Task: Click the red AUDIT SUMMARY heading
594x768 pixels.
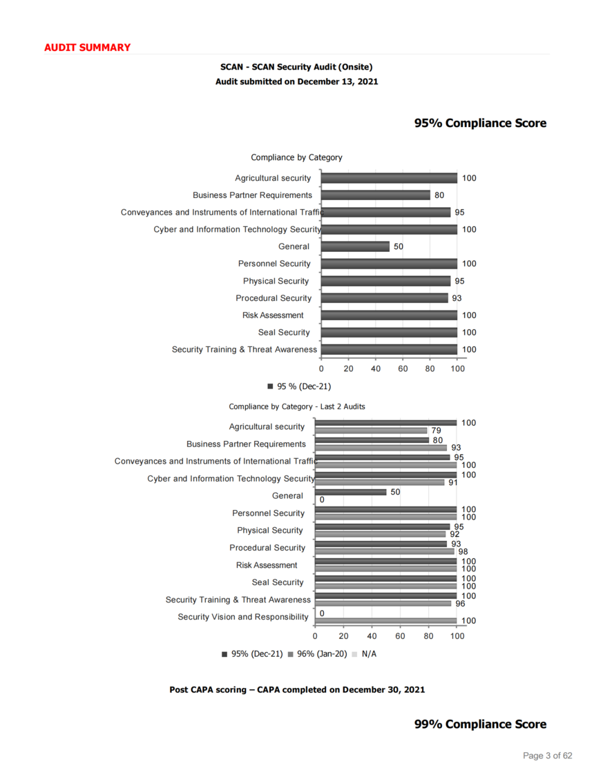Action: click(87, 48)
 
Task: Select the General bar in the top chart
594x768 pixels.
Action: click(355, 246)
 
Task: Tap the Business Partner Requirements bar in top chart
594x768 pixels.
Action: click(376, 195)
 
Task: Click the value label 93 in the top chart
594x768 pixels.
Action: click(457, 298)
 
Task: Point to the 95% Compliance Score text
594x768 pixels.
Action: click(480, 123)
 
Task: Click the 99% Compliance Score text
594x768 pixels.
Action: click(480, 724)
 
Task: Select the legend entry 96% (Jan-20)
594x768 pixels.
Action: click(318, 654)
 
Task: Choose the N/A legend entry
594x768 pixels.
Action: click(364, 654)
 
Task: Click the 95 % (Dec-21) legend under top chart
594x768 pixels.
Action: click(300, 386)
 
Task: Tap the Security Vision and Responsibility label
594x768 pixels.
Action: click(243, 617)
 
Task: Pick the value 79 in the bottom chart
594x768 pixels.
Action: click(437, 431)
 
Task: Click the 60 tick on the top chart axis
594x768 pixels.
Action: click(403, 368)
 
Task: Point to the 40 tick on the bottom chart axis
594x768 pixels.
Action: click(372, 636)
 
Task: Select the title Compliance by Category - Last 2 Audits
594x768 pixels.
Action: click(297, 406)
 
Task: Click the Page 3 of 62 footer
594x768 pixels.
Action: click(548, 756)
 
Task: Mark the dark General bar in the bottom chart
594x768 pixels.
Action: click(351, 492)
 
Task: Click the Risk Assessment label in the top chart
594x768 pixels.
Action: click(273, 315)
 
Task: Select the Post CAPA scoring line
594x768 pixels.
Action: click(297, 689)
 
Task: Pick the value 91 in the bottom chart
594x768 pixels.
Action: click(453, 482)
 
